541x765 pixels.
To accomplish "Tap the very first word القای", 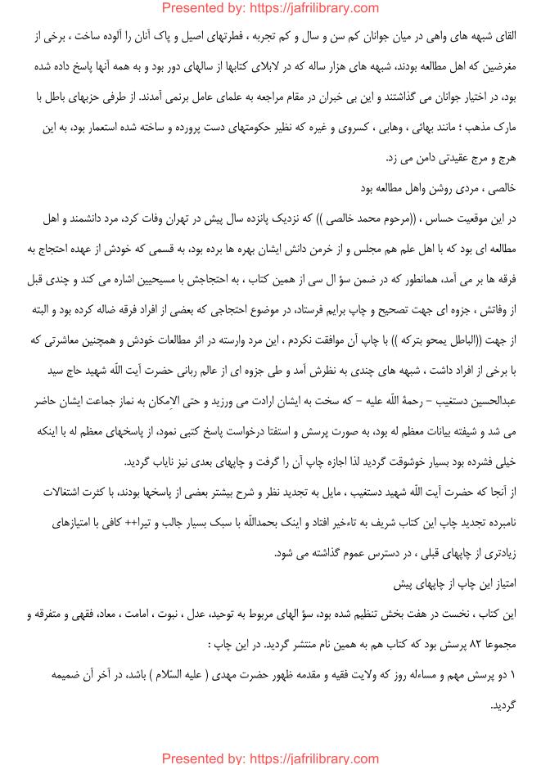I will click(504, 36).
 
